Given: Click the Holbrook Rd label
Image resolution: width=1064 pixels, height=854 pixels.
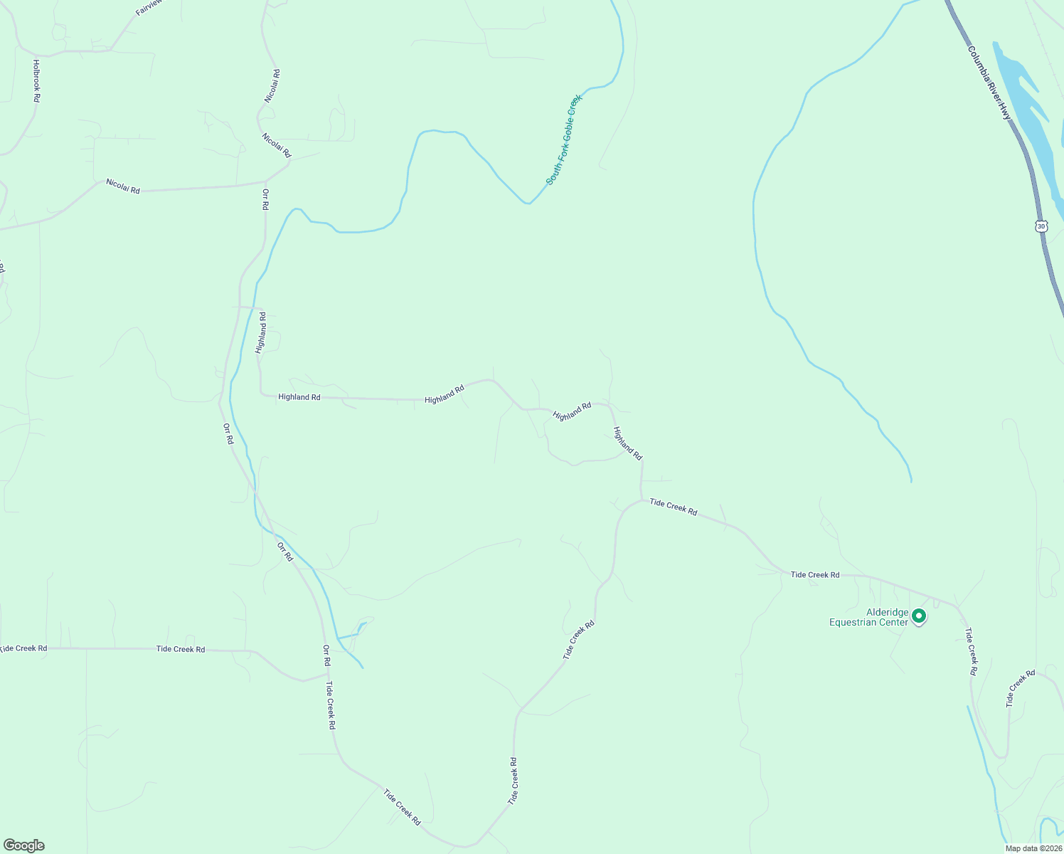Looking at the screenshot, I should coord(36,80).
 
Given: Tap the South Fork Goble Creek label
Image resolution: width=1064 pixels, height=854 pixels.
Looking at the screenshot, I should coord(564,139).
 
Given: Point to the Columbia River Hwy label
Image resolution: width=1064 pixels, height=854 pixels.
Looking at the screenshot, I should coord(989,83).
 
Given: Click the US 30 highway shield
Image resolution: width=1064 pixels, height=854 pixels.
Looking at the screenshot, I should coord(1041,226).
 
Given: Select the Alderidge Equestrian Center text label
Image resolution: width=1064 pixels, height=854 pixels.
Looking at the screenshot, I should coord(868,617).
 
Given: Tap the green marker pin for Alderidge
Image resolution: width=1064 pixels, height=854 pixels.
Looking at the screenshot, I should coord(918,616).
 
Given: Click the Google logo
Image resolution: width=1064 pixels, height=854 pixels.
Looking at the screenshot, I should coord(24,845).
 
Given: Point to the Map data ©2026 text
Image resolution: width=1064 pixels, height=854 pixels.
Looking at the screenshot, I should coord(1033,848).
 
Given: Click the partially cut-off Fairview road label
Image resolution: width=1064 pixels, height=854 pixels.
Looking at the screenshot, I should coord(149,8).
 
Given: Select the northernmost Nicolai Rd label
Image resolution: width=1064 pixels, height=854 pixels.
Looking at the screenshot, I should coord(272,85).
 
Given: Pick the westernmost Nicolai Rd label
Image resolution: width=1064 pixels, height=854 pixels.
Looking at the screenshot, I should coord(123,186).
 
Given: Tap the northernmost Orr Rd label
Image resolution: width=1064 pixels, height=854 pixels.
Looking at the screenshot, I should coord(265,199).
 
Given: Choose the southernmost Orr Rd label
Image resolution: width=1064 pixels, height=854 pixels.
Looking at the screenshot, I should coord(326,655).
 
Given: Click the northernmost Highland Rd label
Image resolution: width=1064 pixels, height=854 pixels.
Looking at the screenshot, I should coord(261,332).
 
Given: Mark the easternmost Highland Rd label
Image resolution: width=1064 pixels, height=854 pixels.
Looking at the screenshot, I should coord(628,443).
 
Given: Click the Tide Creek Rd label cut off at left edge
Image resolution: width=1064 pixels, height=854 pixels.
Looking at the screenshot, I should coord(23,648).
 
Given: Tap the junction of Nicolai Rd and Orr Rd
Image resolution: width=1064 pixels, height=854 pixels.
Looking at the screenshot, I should coord(266,181).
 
